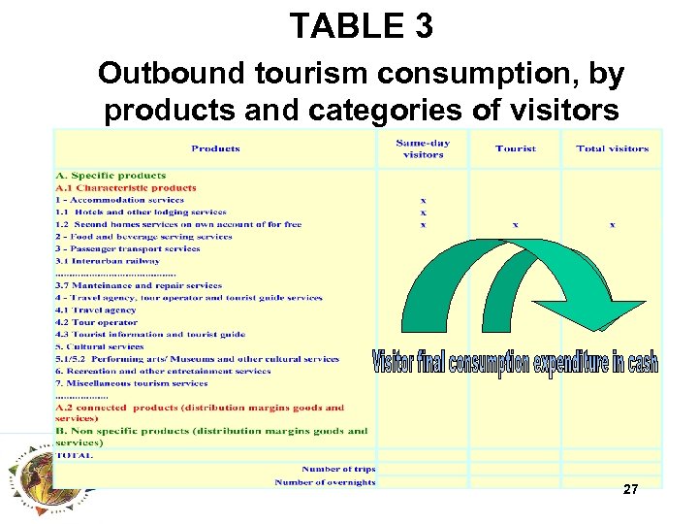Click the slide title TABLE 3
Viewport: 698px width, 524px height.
361,26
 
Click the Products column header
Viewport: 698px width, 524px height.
215,148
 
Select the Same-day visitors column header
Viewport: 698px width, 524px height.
423,148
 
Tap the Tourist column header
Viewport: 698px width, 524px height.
515,148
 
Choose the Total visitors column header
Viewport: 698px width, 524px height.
612,148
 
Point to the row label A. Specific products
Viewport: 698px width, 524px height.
111,176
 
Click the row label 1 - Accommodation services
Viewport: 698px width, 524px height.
119,200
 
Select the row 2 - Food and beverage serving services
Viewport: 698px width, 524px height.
143,236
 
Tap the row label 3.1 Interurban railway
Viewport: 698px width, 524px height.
108,260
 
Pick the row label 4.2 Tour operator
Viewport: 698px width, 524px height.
97,322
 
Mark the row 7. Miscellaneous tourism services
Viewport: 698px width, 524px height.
132,383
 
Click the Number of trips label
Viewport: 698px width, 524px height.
338,470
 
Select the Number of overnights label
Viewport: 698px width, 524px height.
325,482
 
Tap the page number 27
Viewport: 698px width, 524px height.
630,490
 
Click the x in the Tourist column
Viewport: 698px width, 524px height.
515,224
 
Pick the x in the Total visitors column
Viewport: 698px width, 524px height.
612,224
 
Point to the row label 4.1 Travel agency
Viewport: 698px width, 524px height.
97,311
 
